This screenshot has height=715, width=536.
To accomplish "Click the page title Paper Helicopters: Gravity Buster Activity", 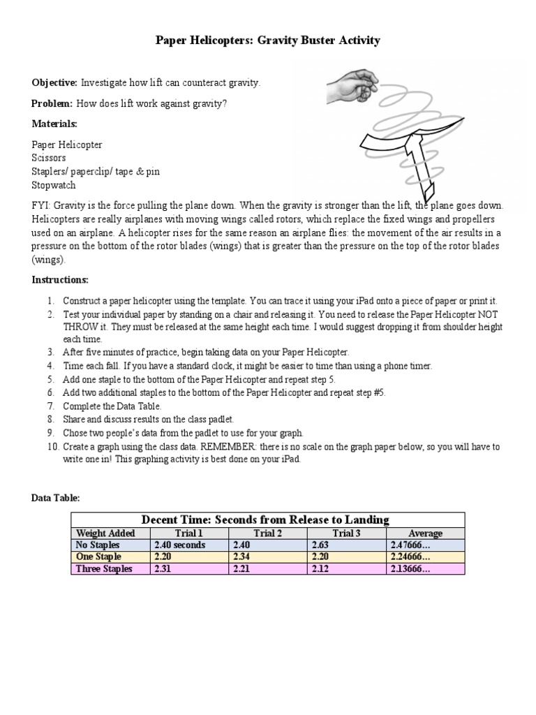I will coord(267,40).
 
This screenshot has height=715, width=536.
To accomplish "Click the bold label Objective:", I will coord(54,82).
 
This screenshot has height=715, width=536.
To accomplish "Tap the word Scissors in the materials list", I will coord(49,158).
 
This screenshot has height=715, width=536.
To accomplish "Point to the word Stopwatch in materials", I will coord(53,185).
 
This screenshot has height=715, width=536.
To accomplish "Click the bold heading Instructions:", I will coord(60,279).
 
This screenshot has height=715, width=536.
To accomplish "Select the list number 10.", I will coord(52,446).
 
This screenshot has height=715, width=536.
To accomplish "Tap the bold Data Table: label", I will coord(56,498).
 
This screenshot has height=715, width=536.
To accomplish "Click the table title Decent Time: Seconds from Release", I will coord(265,519).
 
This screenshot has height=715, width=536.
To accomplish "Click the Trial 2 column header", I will coord(268,533).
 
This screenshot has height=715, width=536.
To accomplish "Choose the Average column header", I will coord(425,533).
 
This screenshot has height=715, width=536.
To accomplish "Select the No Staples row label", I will coord(98,545).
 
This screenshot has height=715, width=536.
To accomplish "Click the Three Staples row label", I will coord(103,568).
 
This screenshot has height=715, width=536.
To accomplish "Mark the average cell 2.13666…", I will coord(410,568).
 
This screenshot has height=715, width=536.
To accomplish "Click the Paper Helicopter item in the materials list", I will coord(67,145).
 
